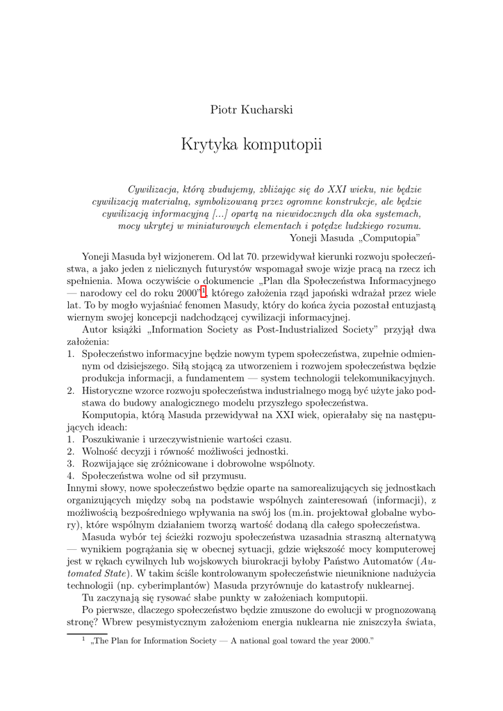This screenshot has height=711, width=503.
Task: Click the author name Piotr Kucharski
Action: point(251,110)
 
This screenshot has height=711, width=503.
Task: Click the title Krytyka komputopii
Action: point(251,145)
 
